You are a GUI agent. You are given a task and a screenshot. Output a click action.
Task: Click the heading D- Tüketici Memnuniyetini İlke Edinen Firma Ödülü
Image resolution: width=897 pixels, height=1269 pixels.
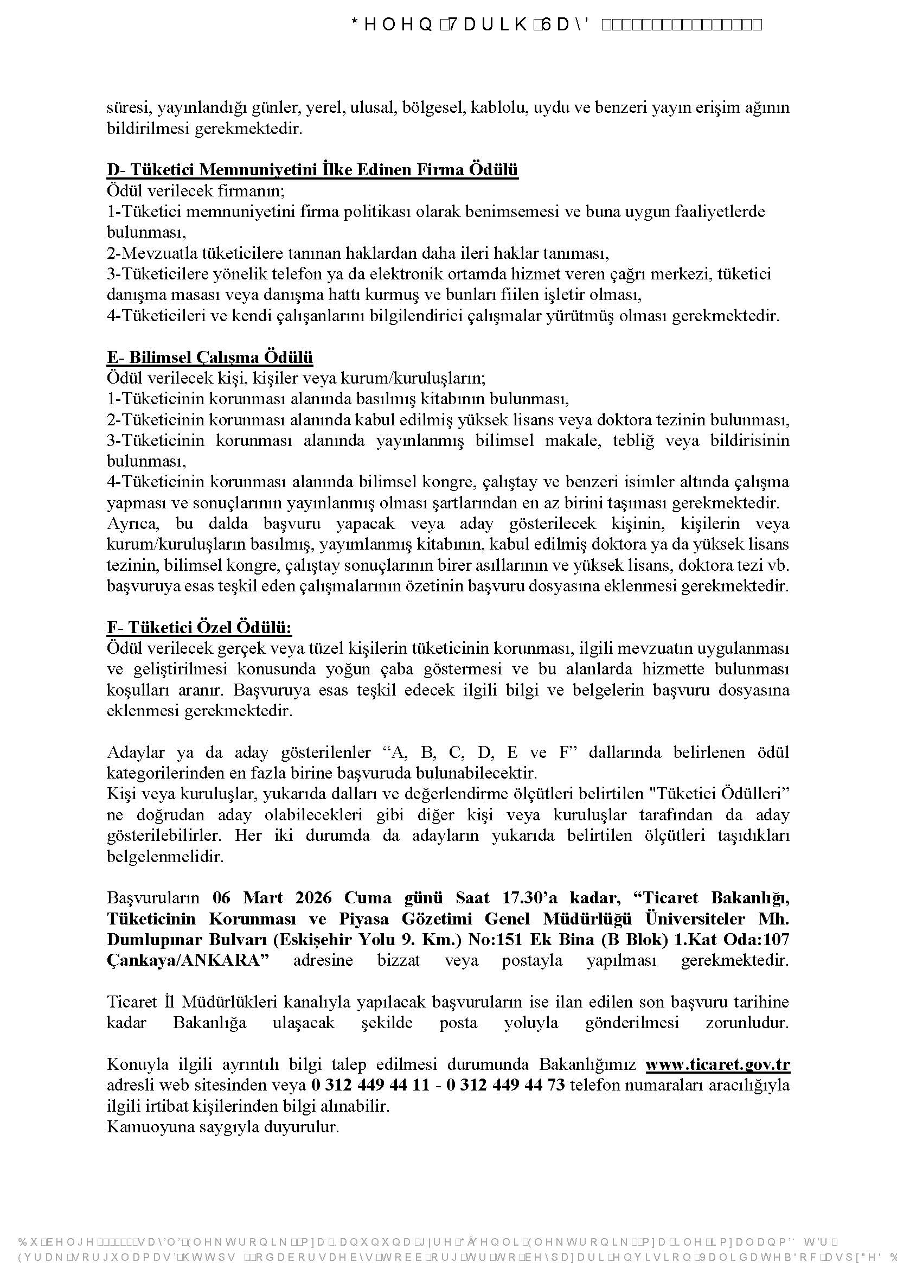tap(312, 170)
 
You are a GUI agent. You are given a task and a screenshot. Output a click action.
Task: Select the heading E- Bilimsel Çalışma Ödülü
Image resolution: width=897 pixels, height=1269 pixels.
tap(210, 358)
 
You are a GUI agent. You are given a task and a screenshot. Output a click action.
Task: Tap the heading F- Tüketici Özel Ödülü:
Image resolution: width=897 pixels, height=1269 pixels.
tap(199, 628)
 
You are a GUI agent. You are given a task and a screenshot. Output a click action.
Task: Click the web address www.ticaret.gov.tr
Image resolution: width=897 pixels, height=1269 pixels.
tap(717, 1064)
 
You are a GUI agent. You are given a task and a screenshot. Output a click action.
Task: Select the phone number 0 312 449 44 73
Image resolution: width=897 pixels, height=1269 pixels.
tap(505, 1085)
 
